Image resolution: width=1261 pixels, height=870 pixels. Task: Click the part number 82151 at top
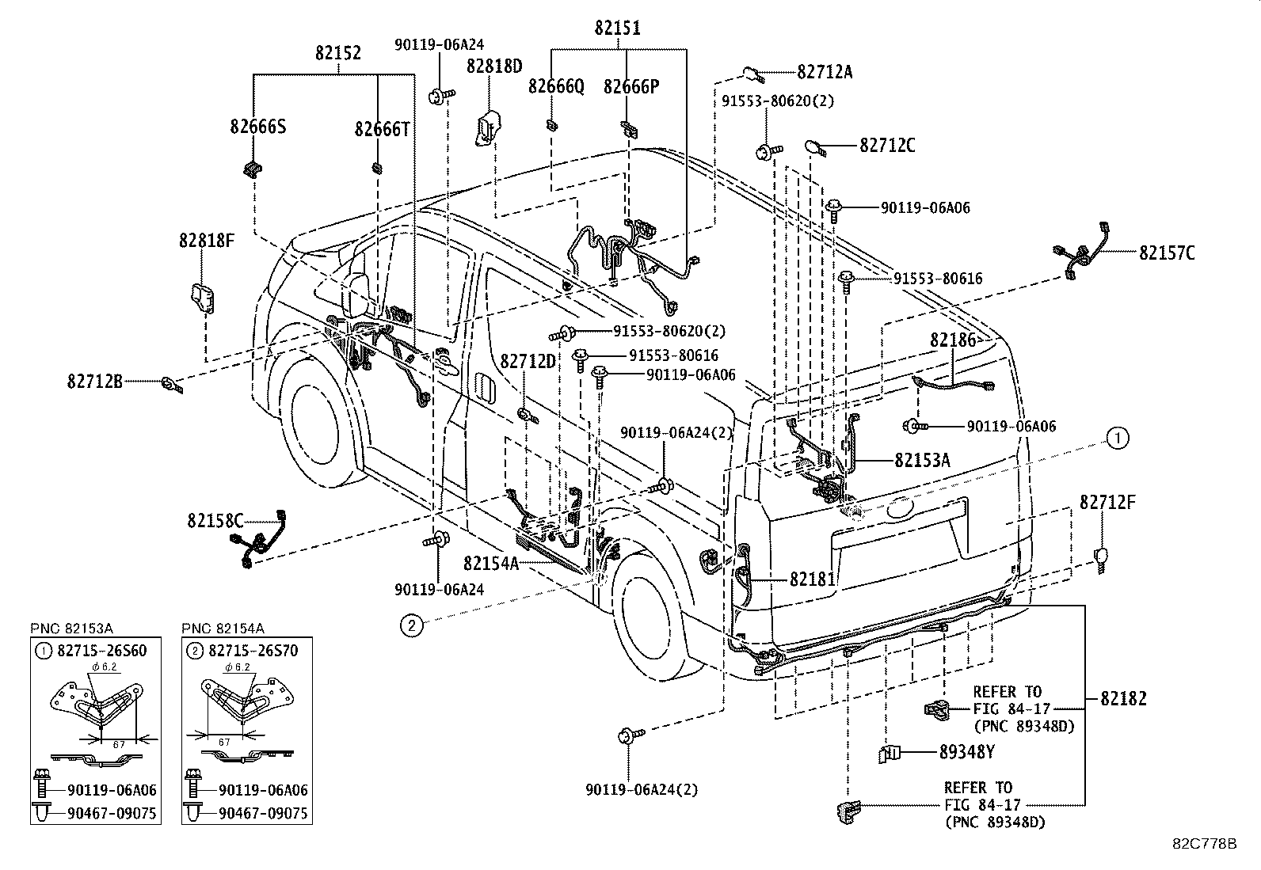click(618, 28)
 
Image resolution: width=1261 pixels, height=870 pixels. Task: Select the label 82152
click(338, 53)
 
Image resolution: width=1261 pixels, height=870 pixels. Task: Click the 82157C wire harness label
click(1167, 253)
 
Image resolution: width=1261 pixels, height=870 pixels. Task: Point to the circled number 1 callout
click(1118, 438)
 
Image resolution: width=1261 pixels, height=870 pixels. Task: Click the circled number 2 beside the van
click(411, 626)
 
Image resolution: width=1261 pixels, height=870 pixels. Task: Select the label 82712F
click(1107, 502)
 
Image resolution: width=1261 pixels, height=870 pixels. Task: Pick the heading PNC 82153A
click(72, 629)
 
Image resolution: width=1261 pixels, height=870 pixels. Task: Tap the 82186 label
click(953, 340)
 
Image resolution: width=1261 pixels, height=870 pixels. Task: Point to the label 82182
click(1122, 698)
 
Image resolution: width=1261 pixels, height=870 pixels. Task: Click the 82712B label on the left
click(94, 382)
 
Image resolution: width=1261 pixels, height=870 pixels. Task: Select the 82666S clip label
click(258, 126)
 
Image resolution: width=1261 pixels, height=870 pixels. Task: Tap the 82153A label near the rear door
click(922, 460)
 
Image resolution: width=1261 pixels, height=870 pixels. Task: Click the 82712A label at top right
click(825, 72)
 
